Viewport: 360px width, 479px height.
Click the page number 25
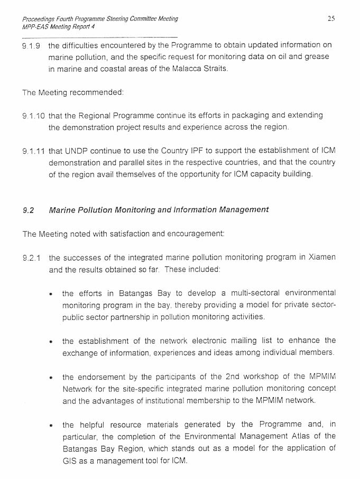(x=331, y=19)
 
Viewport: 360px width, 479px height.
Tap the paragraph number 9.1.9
(x=31, y=45)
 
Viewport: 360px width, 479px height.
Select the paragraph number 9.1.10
(x=33, y=116)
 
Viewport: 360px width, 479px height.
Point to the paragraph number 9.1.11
(x=33, y=151)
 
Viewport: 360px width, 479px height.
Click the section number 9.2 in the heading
(x=28, y=210)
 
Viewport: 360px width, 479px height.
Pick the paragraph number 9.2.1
(x=31, y=258)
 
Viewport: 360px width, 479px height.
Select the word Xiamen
(x=322, y=258)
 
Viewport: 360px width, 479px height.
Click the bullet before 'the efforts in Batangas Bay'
(x=51, y=293)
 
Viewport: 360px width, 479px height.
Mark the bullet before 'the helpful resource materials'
(x=51, y=425)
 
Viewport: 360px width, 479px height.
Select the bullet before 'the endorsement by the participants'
(x=51, y=377)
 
